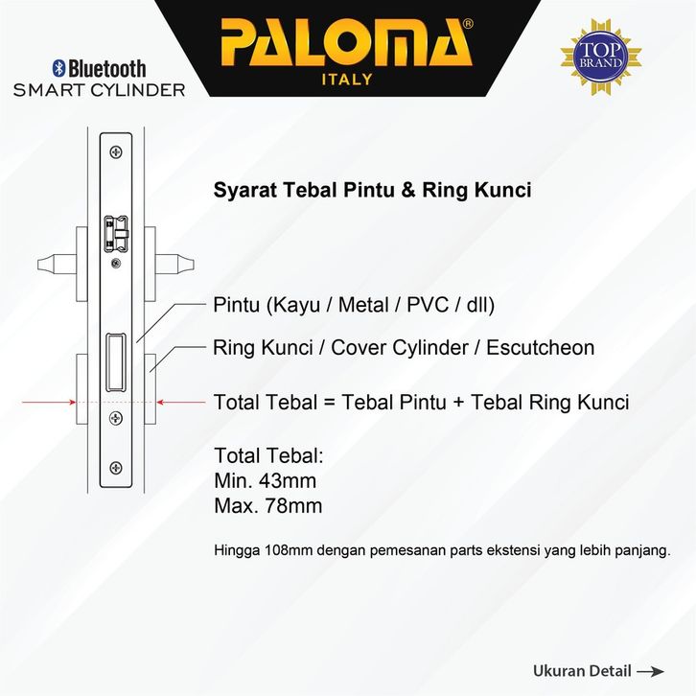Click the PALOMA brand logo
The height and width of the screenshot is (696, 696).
pos(346,42)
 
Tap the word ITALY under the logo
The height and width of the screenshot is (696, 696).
pos(347,80)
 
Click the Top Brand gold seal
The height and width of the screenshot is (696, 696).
pos(601,57)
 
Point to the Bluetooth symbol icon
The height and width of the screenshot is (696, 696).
pos(58,68)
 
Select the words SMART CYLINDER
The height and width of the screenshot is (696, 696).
pos(100,90)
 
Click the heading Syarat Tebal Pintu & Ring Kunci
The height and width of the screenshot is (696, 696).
pos(372,190)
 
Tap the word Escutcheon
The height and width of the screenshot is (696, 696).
pos(540,348)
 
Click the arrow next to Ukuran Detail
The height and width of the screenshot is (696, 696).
pos(650,671)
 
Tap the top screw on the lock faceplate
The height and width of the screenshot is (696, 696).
pos(116,152)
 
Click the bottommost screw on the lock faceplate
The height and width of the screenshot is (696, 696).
pos(116,468)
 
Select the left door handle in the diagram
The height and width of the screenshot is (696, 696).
pos(56,265)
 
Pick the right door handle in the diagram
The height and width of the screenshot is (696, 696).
pos(174,265)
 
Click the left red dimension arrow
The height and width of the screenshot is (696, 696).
pos(49,402)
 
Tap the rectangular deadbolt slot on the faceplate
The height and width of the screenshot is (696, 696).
pos(116,362)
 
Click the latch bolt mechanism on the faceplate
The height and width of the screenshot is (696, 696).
pos(116,234)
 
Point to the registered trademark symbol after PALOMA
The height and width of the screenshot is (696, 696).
pos(468,24)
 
